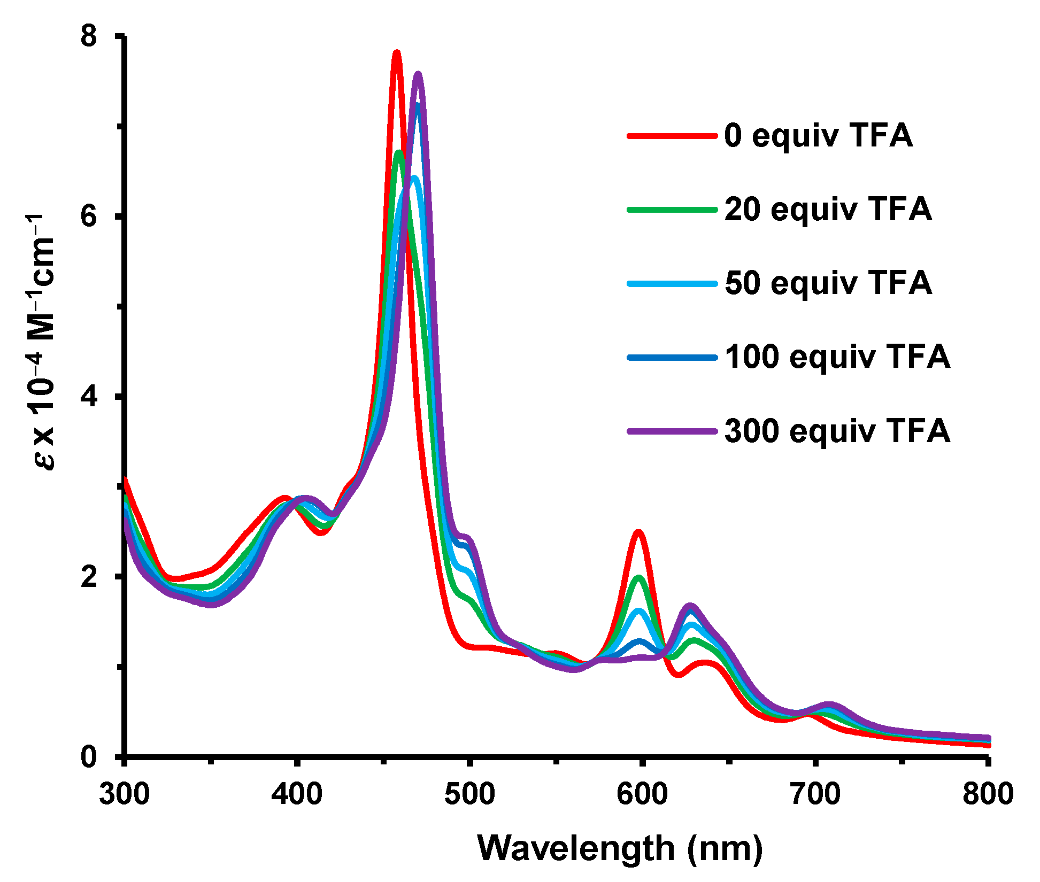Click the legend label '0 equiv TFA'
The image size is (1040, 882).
click(x=818, y=135)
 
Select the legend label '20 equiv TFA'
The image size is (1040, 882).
click(x=828, y=209)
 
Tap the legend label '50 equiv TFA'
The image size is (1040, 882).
click(x=828, y=283)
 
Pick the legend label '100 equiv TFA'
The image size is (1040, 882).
click(x=837, y=357)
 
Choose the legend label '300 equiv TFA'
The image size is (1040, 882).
click(x=837, y=430)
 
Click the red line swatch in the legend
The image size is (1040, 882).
click(x=672, y=136)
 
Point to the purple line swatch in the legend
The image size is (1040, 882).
click(x=672, y=431)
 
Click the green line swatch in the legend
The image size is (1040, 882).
click(x=672, y=210)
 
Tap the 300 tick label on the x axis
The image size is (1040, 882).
click(x=125, y=794)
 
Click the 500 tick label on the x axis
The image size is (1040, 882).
click(x=469, y=794)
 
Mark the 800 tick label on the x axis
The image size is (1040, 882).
click(x=988, y=794)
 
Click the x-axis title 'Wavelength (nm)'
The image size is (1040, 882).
click(x=620, y=848)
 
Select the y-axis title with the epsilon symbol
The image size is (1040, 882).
click(x=42, y=342)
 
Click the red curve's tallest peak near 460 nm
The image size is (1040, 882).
click(x=397, y=52)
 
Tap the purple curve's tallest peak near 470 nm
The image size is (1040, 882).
click(x=418, y=74)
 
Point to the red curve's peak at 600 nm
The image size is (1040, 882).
click(x=638, y=532)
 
